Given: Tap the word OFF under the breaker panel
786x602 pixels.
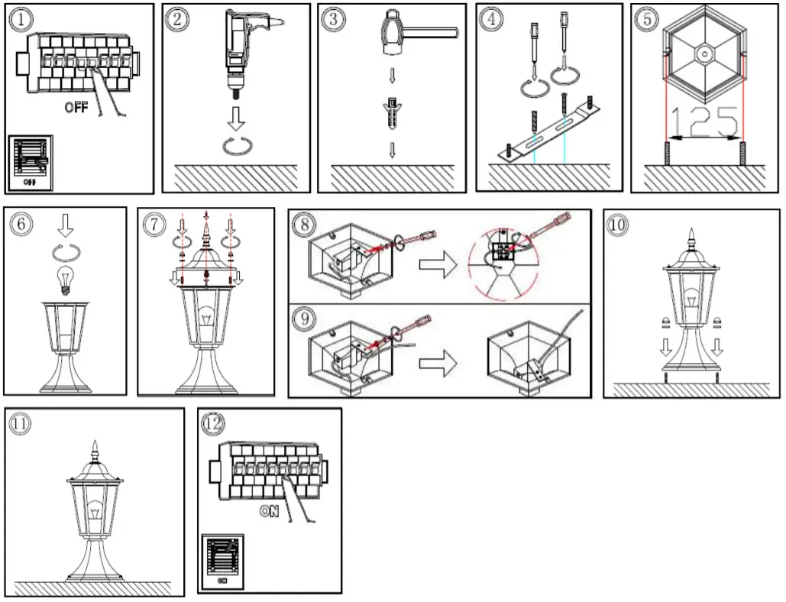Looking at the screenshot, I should pyautogui.click(x=76, y=108).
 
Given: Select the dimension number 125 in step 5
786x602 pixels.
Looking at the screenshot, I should pyautogui.click(x=704, y=122).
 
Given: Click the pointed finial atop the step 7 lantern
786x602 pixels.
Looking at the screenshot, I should pyautogui.click(x=206, y=229).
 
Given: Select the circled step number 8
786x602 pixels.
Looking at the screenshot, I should pyautogui.click(x=305, y=225).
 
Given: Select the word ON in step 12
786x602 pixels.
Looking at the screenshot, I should pyautogui.click(x=269, y=512).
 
